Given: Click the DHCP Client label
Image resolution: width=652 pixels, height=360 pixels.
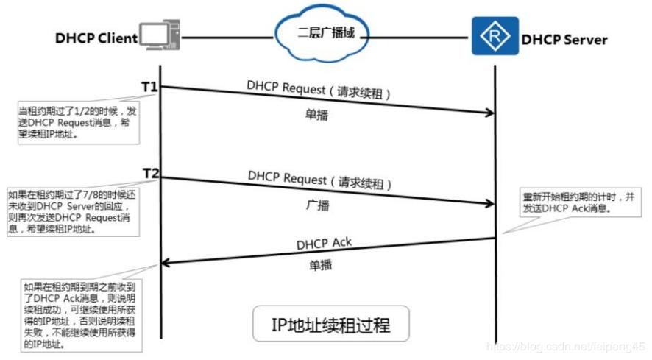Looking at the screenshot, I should coord(96,38).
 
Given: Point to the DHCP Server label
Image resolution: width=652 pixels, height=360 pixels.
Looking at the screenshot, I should coord(564,39).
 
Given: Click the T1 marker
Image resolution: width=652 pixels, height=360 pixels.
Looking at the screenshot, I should coord(149,87).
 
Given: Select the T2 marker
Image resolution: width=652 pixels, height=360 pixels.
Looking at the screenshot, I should coord(151,173).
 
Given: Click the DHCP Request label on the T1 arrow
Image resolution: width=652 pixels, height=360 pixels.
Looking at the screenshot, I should coord(318,91).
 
